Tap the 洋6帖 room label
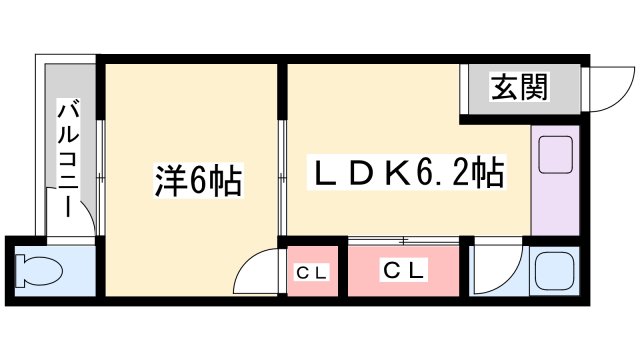(x=198, y=180)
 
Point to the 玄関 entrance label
(x=518, y=89)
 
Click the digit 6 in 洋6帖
(x=198, y=181)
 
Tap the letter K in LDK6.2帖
(x=393, y=172)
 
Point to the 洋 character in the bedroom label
(x=167, y=180)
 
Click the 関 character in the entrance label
(x=533, y=89)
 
